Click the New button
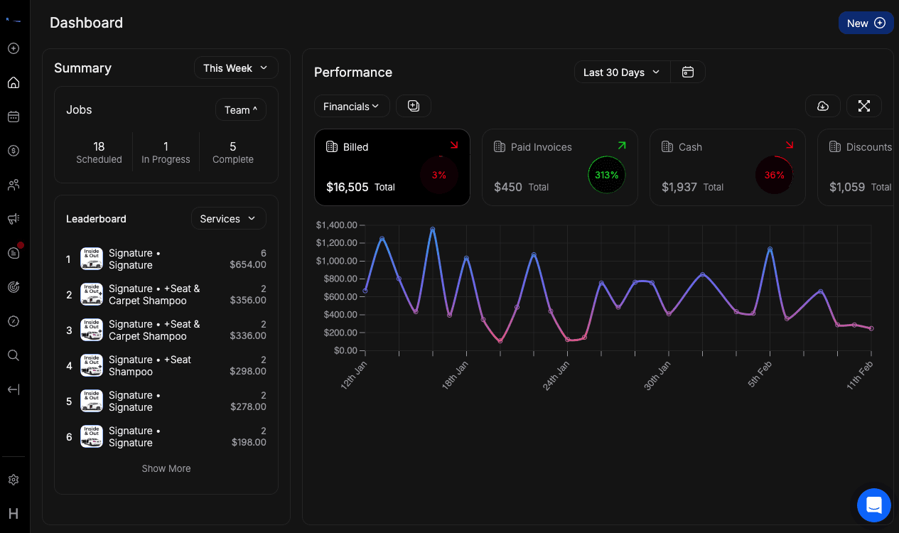[x=866, y=23]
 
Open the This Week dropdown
[x=235, y=68]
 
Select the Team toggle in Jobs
[x=240, y=110]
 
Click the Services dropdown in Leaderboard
[x=228, y=219]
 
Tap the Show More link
[x=166, y=468]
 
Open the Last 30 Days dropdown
[x=622, y=72]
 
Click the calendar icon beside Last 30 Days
[x=687, y=72]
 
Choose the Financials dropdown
[x=351, y=107]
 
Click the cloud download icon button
[x=822, y=106]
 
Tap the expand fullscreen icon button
[x=863, y=106]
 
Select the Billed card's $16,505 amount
[x=348, y=187]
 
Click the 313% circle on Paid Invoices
[x=606, y=175]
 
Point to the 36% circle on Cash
[x=774, y=175]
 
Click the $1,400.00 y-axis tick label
[x=336, y=225]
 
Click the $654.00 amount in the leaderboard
[x=248, y=264]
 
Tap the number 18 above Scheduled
[x=99, y=146]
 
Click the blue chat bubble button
[x=873, y=506]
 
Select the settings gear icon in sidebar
[x=13, y=480]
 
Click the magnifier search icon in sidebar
[x=13, y=355]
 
